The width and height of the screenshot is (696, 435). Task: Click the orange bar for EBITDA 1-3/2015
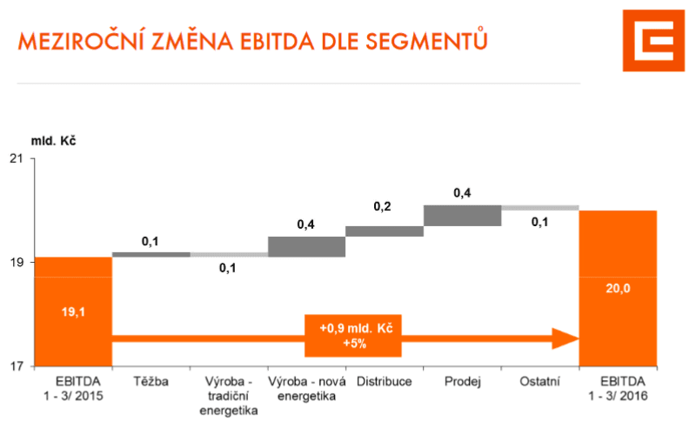click(x=74, y=311)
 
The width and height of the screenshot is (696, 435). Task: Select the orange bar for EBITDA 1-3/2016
click(x=618, y=287)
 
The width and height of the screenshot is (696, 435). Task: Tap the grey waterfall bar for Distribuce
click(x=385, y=231)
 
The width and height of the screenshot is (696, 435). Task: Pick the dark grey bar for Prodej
click(x=462, y=216)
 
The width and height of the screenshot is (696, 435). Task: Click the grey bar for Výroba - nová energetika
click(x=306, y=246)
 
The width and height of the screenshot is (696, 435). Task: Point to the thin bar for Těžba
click(x=151, y=254)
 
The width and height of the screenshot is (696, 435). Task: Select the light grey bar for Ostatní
click(x=540, y=208)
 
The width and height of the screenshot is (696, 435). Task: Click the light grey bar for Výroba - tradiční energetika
click(x=229, y=254)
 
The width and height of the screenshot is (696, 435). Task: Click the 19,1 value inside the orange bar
click(x=74, y=310)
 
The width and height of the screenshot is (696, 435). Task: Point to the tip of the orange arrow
click(x=577, y=337)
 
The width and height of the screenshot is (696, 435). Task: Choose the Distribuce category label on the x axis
click(x=385, y=381)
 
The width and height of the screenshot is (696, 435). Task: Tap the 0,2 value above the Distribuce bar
click(x=382, y=207)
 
